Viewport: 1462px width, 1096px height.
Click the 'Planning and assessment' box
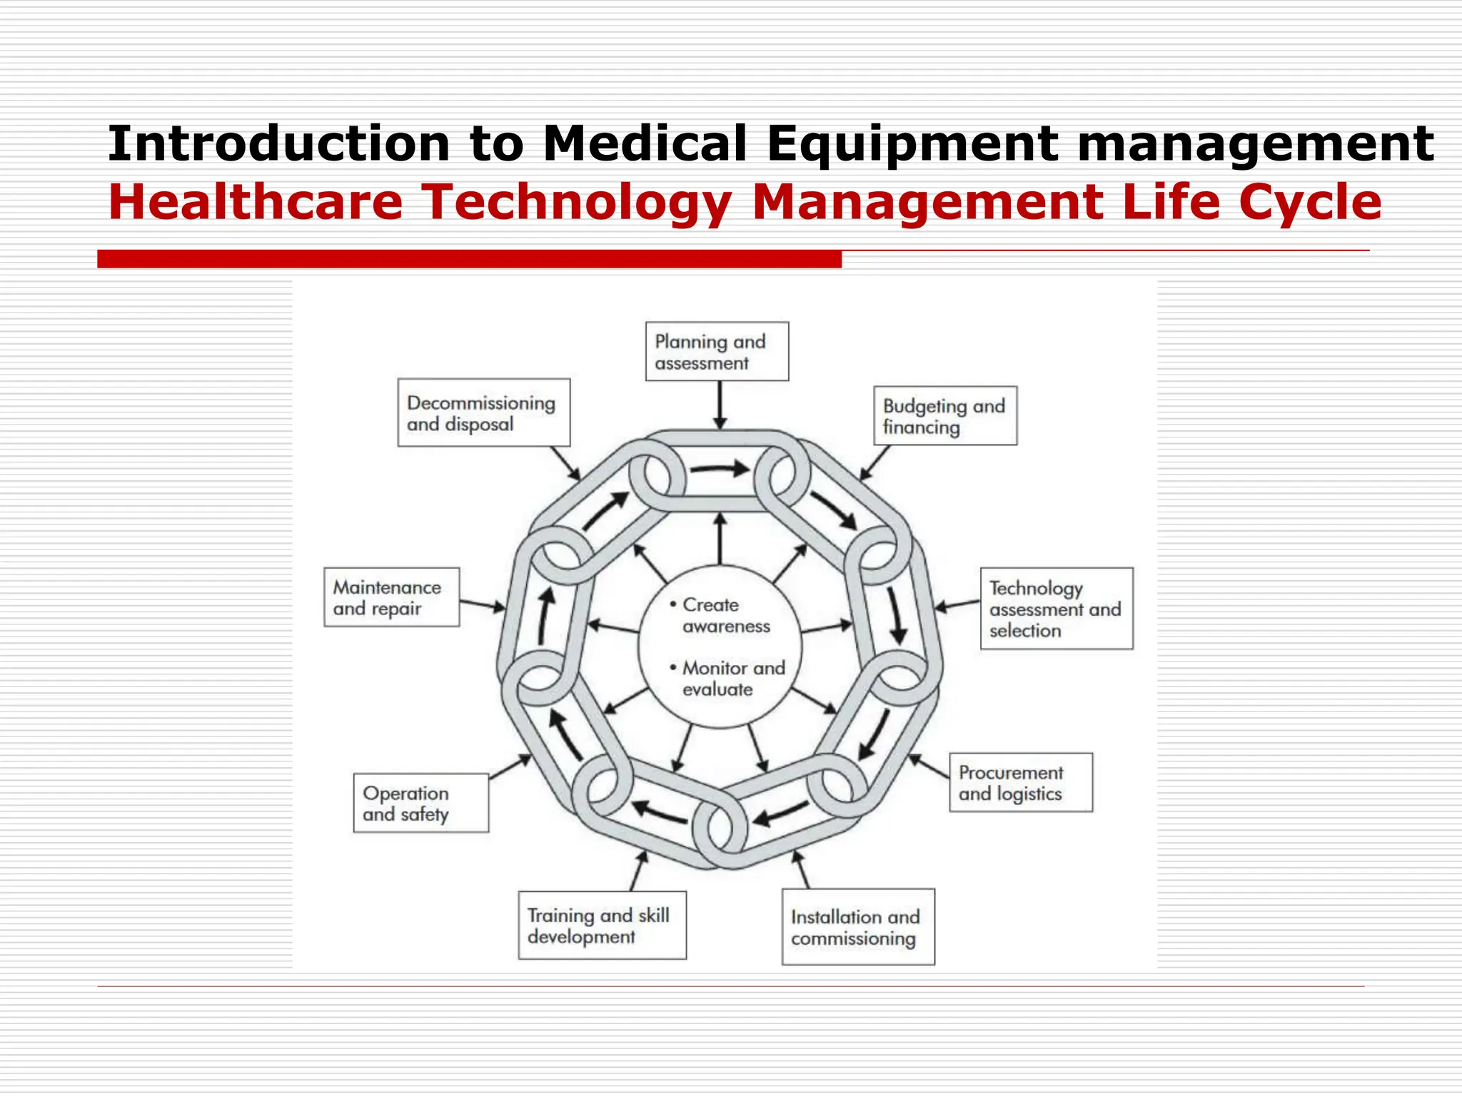(717, 351)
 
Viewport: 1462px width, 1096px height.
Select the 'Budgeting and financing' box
(944, 416)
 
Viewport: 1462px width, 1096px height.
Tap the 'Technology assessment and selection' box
(1056, 609)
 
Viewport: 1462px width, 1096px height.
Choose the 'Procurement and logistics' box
(1020, 783)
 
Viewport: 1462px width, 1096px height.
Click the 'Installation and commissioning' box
(857, 927)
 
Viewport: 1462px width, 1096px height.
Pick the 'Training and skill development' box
(602, 925)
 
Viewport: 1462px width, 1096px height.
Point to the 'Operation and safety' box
(420, 803)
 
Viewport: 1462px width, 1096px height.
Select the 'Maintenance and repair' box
(391, 597)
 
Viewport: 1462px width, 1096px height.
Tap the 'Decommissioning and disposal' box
(483, 413)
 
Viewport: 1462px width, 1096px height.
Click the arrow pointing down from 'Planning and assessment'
(720, 405)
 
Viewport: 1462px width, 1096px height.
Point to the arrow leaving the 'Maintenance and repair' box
(482, 605)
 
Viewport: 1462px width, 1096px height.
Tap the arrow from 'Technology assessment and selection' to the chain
(957, 606)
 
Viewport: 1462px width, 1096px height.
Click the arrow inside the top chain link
(720, 470)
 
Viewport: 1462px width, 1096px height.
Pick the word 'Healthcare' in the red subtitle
(256, 202)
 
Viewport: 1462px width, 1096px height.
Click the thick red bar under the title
(469, 259)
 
